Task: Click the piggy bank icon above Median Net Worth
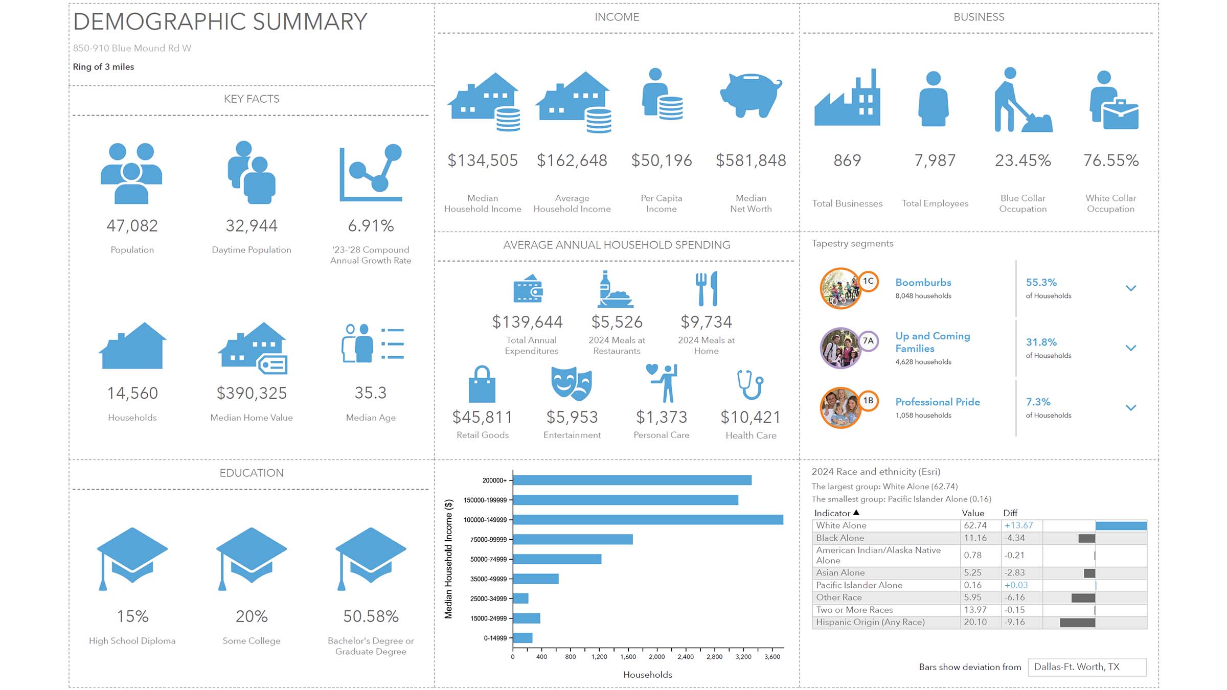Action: (751, 95)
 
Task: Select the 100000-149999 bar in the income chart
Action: (648, 520)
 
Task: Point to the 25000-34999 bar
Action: (520, 599)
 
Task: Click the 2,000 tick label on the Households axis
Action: (656, 657)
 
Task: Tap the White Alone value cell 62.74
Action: (975, 525)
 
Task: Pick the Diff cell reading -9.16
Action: (1014, 623)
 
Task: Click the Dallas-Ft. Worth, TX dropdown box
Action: (1087, 667)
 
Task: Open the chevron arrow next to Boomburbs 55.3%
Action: (1131, 288)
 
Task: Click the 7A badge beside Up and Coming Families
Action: (868, 341)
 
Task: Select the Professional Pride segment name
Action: (938, 402)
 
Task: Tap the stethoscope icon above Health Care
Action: (751, 384)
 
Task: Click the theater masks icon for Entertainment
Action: (572, 383)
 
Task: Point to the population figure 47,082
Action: (132, 226)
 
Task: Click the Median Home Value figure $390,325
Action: (252, 394)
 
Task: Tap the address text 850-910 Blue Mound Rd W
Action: (132, 48)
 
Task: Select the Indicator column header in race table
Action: (832, 513)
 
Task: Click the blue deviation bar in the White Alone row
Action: (1121, 526)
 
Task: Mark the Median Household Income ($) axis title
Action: (449, 559)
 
